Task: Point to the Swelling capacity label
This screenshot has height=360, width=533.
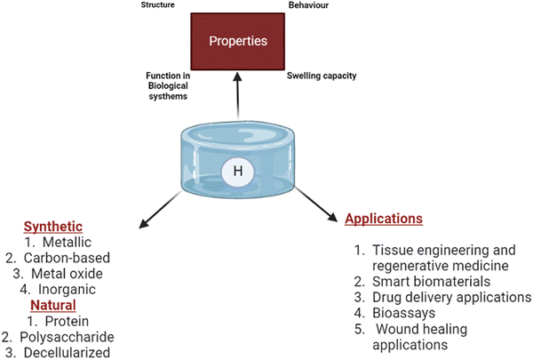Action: (322, 76)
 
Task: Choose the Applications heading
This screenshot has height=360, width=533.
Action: (383, 218)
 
